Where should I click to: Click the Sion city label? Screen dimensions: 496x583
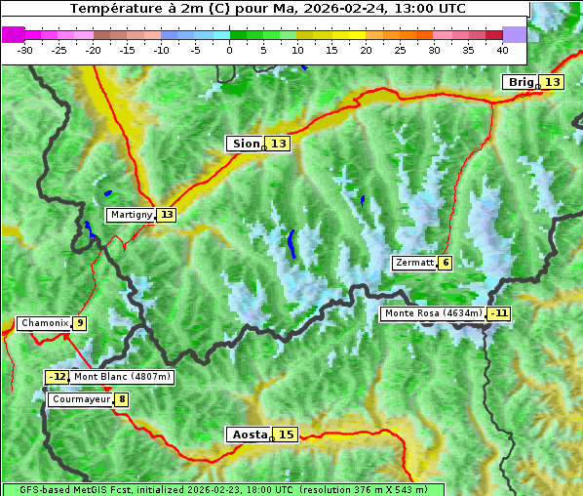point(245,144)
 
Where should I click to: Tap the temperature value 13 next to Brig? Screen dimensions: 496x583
point(552,82)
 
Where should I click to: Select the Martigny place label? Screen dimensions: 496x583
point(131,215)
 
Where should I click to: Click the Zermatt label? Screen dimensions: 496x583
point(414,263)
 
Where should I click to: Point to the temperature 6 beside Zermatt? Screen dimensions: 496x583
point(446,263)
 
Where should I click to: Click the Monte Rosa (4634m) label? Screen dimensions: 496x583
point(433,313)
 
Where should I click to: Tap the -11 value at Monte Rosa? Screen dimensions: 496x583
point(499,313)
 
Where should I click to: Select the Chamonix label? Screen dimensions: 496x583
point(44,323)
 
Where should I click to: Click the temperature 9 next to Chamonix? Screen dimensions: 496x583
point(79,323)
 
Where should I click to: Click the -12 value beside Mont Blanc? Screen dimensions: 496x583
point(58,377)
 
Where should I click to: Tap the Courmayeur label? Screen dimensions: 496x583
point(80,399)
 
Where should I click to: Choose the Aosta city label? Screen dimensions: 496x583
point(248,434)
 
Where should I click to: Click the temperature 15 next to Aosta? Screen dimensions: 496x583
point(285,434)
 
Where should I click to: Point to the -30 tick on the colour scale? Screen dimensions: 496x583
point(25,49)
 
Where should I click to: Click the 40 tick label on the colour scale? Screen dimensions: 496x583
point(501,49)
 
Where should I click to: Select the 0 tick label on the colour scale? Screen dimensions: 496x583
point(229,49)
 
